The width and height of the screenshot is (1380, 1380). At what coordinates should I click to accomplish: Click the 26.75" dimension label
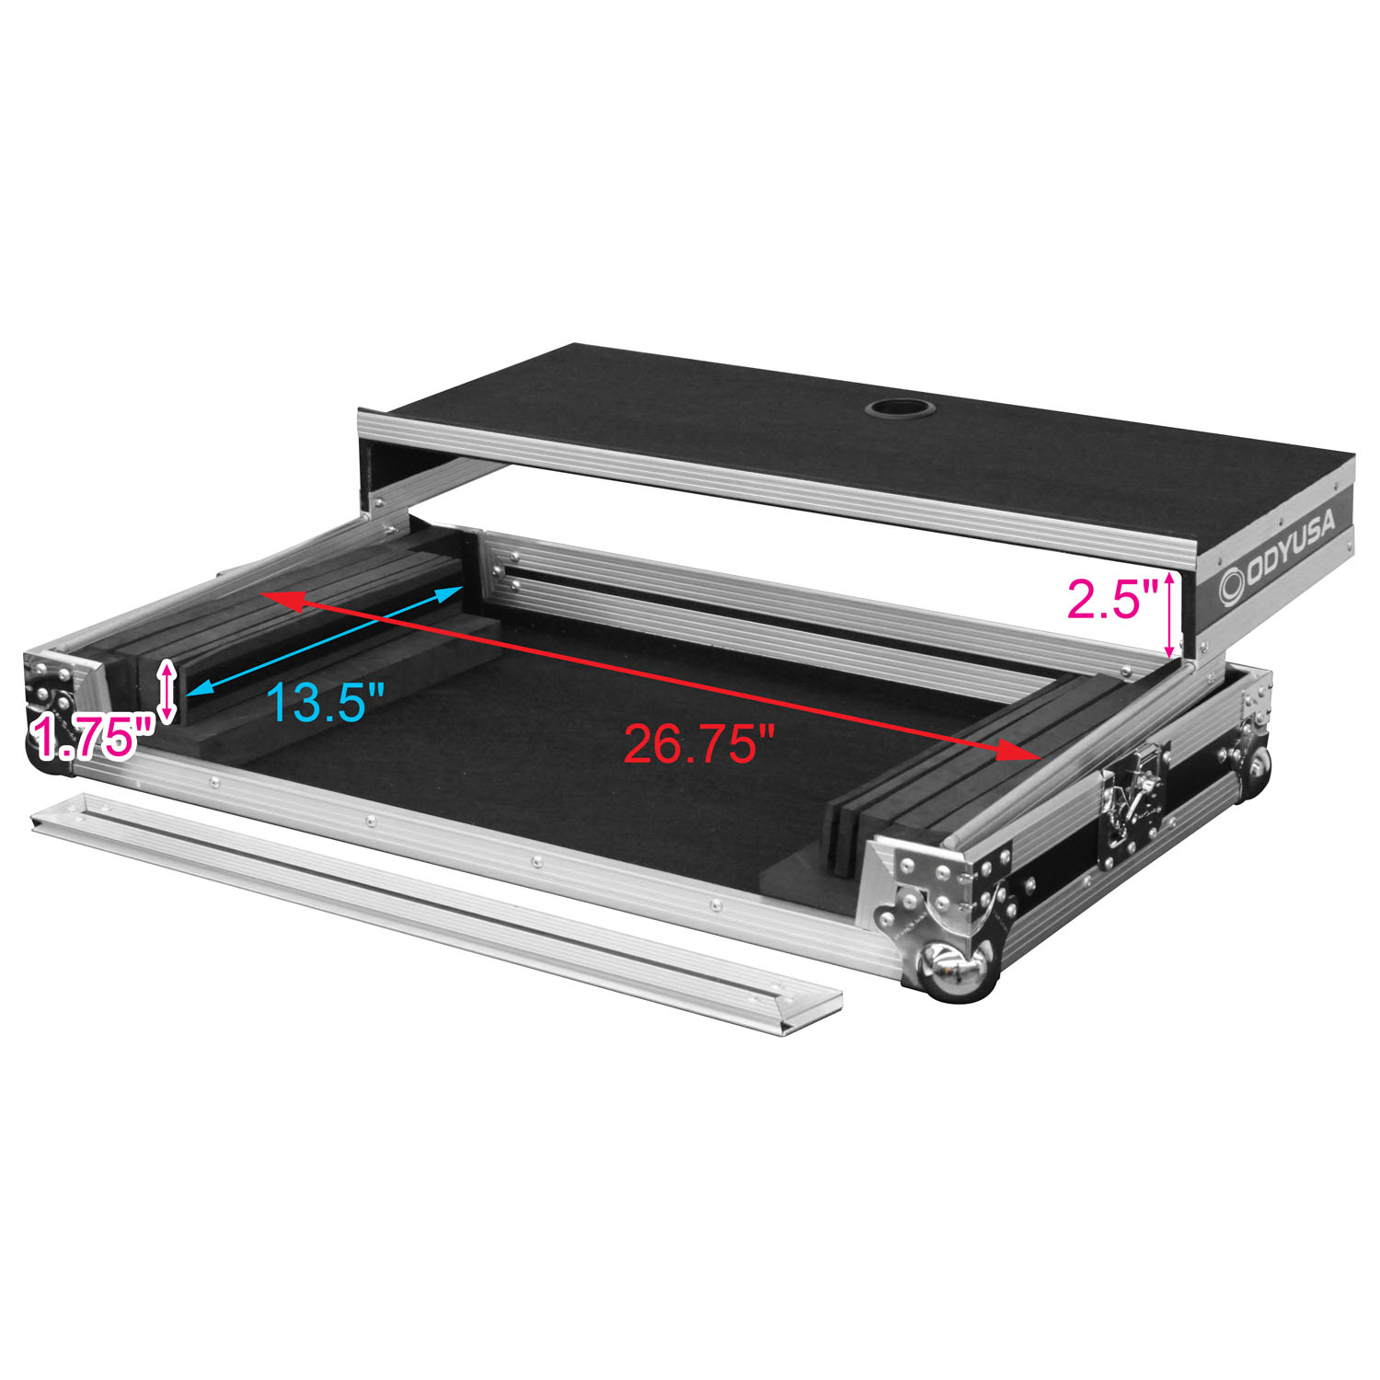pos(701,742)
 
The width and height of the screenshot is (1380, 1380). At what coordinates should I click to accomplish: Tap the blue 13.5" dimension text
pos(325,702)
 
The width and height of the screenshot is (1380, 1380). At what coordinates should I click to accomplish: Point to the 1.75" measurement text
pos(92,738)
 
